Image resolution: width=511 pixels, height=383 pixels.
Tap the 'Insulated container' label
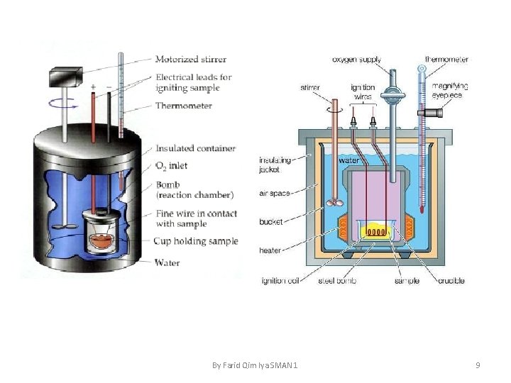point(196,148)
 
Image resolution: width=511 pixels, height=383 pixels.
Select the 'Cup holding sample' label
point(196,241)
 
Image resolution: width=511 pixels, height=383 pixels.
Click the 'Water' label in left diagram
point(167,262)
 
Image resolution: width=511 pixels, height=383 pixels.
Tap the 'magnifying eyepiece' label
point(447,90)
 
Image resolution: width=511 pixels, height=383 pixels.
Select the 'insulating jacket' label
point(273,165)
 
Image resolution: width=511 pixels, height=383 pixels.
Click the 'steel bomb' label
point(337,281)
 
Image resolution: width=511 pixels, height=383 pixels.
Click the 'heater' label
point(271,250)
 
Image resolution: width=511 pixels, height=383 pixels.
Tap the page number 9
point(478,365)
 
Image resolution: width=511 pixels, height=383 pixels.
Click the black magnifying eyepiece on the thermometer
point(430,112)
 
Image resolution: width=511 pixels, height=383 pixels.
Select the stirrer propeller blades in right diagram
point(332,202)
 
